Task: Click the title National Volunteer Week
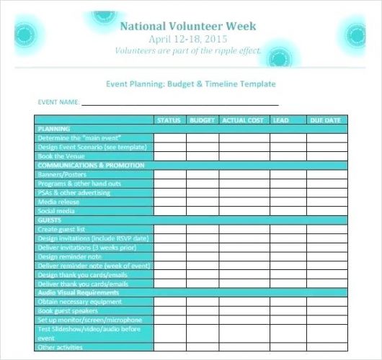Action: [187, 27]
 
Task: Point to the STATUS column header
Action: [169, 120]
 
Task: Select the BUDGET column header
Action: [203, 120]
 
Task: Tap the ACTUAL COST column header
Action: [244, 120]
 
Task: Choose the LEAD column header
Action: [281, 120]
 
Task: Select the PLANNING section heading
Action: [53, 128]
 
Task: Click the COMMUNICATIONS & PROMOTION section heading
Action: [81, 165]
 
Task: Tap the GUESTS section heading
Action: [49, 220]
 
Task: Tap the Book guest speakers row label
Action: [67, 310]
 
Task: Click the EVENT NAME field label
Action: [57, 102]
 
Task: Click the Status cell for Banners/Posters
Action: [169, 174]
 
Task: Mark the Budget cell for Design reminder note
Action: [203, 256]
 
